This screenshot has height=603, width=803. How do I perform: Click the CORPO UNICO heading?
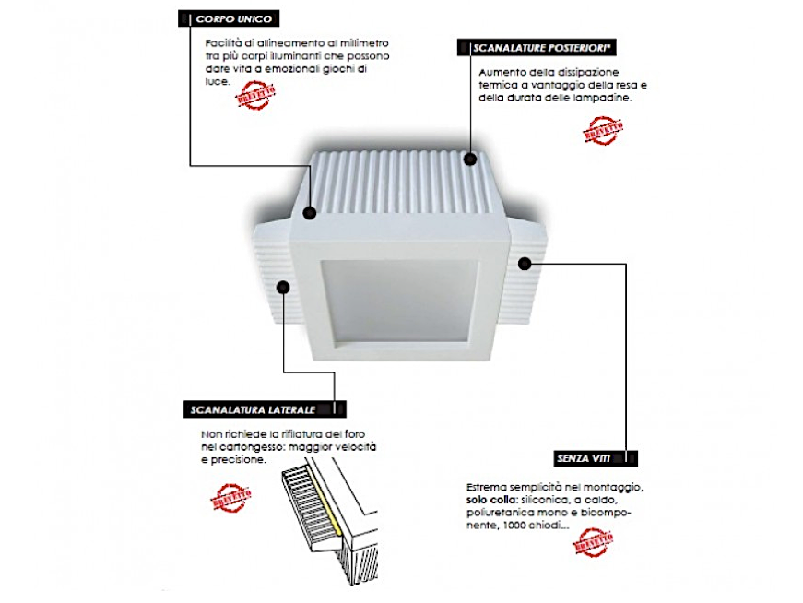click(x=233, y=18)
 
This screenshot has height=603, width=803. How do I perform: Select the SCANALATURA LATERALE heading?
click(x=252, y=408)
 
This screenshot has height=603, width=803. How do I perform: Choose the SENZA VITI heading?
click(x=584, y=457)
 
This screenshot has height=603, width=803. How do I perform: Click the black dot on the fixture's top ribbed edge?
click(x=471, y=158)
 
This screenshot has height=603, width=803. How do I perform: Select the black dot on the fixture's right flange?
click(x=525, y=264)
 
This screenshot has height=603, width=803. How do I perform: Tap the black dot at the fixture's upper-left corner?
click(x=309, y=213)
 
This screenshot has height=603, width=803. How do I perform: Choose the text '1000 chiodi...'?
click(x=544, y=526)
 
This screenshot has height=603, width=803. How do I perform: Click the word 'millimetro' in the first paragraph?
click(x=364, y=42)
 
